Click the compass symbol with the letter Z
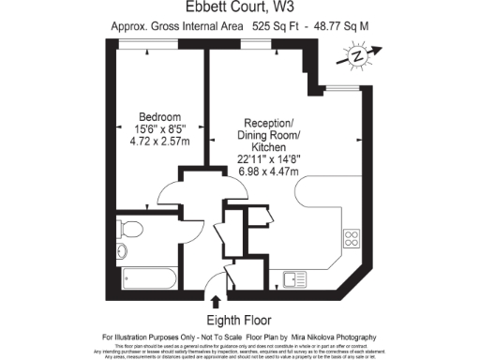coord(357,57)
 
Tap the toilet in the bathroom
coord(130,229)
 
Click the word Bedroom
coord(148,117)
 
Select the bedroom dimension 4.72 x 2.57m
coord(148,143)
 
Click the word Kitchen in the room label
coord(270,148)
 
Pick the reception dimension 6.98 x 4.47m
coord(270,172)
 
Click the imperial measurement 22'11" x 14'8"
coord(270,160)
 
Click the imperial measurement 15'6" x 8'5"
coord(148,130)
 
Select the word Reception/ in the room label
coord(270,124)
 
